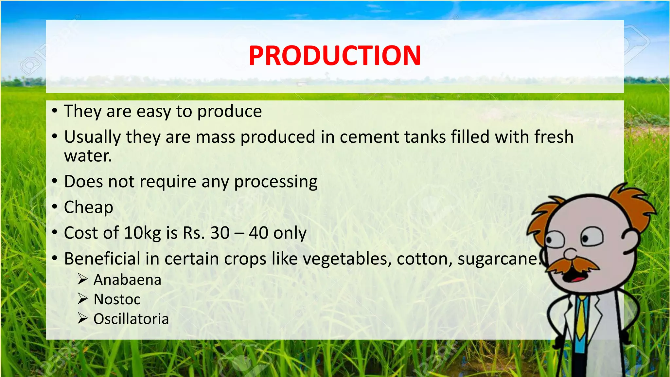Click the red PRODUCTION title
(335, 56)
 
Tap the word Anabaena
(127, 280)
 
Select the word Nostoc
(117, 299)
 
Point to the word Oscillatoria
(131, 319)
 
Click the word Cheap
(89, 207)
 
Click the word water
(88, 156)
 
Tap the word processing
(276, 182)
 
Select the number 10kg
(142, 233)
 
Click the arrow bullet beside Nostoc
(83, 299)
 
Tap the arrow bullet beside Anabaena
(83, 279)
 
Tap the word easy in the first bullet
(153, 112)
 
